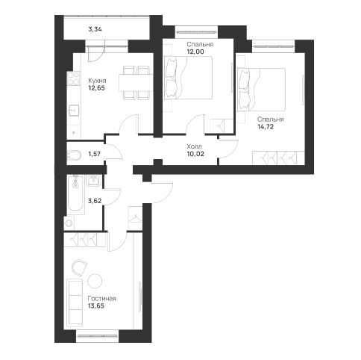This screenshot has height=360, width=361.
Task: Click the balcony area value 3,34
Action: point(95,29)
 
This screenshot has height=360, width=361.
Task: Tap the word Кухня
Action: point(97,81)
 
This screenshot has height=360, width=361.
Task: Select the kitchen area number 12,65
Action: point(96,88)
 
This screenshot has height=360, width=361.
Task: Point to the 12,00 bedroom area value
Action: point(195,52)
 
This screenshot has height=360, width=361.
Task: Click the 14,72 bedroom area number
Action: point(266,126)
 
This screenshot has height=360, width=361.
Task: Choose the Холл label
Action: point(194,146)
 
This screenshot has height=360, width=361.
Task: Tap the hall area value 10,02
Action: point(195,154)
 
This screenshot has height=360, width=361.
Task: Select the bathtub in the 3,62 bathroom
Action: point(75,194)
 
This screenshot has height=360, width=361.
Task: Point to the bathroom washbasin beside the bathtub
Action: point(94,180)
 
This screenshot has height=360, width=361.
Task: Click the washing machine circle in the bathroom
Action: point(69,223)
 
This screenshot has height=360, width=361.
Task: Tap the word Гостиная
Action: point(102,298)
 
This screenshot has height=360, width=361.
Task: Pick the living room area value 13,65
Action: point(96,306)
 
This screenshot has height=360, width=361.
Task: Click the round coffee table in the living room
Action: point(95,281)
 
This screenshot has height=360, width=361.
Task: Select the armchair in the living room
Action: point(79,268)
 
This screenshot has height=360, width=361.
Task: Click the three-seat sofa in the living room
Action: point(75,302)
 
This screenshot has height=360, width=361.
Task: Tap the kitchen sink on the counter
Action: point(74,111)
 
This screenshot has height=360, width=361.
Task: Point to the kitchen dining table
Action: point(136,83)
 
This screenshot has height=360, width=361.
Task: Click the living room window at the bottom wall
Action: point(97,336)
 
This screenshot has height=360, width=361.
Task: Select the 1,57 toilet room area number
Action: point(95,154)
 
